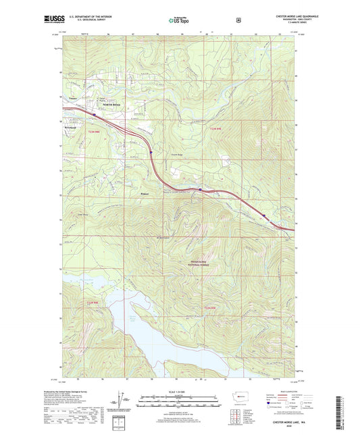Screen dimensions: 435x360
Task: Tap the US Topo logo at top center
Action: pyautogui.click(x=179, y=20)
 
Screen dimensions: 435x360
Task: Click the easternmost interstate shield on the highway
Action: pyautogui.click(x=264, y=217)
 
